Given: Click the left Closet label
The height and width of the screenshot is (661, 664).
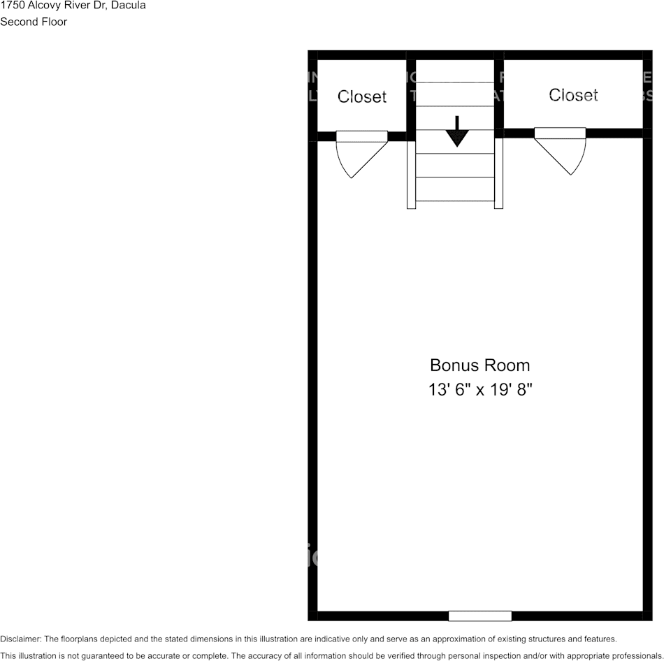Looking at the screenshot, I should coord(361,97).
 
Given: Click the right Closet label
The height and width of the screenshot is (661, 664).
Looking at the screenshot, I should coord(573,95).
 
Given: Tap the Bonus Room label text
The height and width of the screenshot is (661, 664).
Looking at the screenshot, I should coord(479,365).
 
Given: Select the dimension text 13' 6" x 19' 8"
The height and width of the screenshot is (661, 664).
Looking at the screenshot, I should coord(480,390).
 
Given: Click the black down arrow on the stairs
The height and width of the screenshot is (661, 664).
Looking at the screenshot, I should coord(457,132).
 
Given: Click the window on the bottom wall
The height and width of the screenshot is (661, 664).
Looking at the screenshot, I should coord(479,616).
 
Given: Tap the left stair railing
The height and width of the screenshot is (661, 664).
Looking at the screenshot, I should coord(411,172).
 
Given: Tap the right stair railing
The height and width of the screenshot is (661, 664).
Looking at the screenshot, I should coord(498,172).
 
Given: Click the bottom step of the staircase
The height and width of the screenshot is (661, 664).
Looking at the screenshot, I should coord(455,189).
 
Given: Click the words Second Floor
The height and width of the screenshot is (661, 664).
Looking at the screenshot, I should coord(34,22).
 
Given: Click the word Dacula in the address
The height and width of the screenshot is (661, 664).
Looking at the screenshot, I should coord(129,6).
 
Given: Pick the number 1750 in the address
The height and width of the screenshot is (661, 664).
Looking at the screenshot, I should coord(13,6).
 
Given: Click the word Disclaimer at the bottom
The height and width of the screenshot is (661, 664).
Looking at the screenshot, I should coord(20,639).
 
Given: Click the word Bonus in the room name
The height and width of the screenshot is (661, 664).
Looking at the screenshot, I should coord(451,365).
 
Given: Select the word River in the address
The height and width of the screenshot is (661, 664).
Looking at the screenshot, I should coord(77,6).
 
